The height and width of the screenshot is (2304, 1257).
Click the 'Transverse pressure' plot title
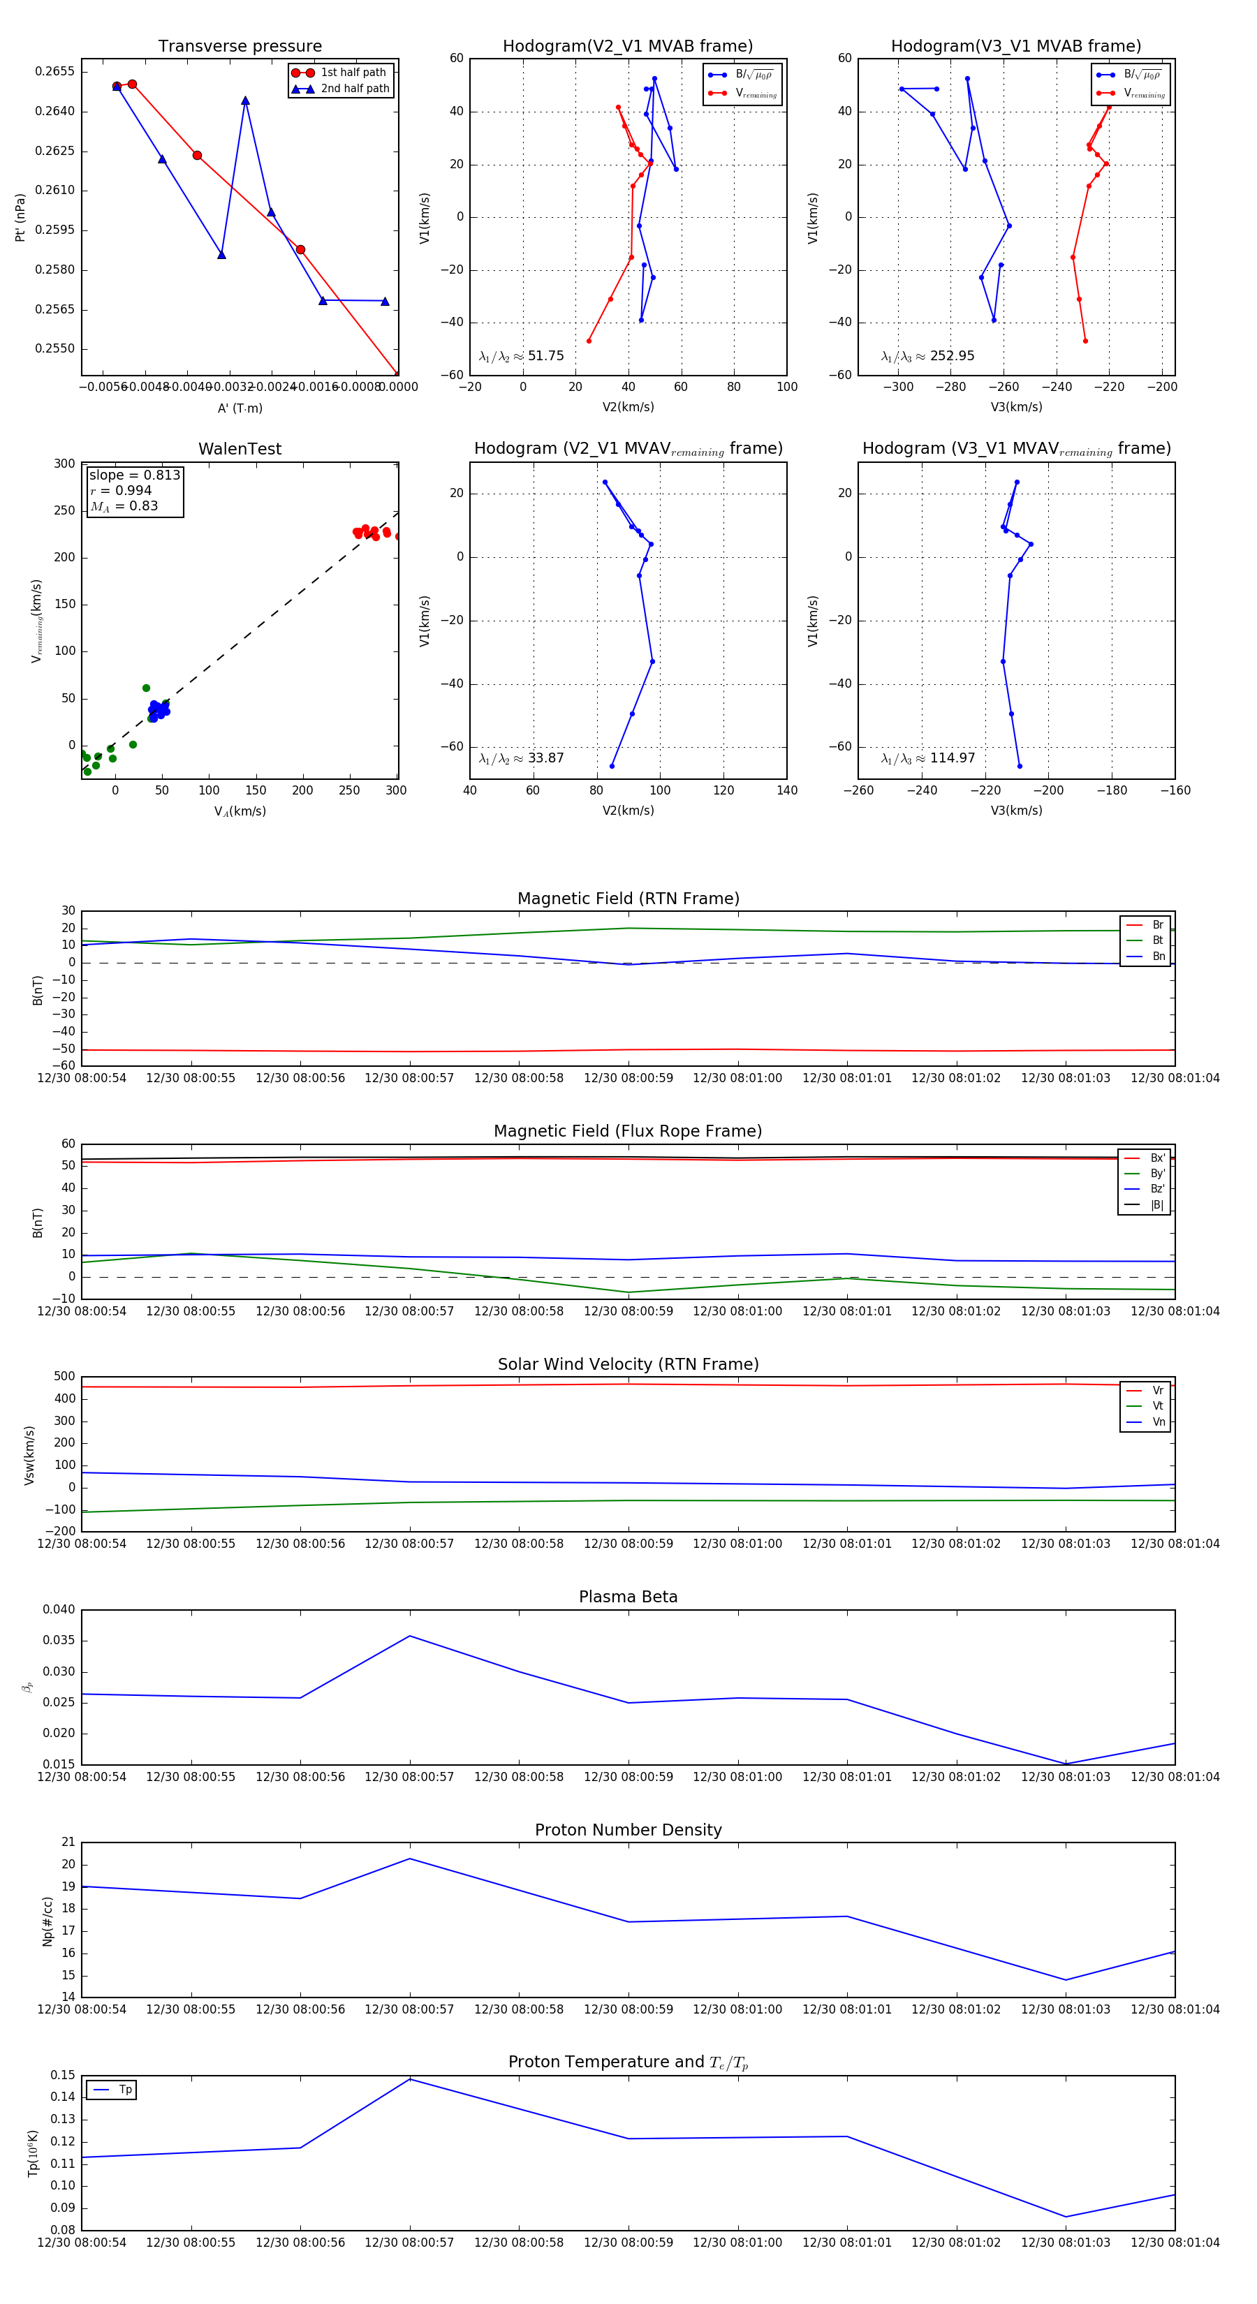pyautogui.click(x=240, y=47)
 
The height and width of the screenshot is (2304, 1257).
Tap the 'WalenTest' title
pyautogui.click(x=240, y=449)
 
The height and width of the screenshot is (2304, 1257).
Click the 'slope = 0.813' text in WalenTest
pyautogui.click(x=134, y=475)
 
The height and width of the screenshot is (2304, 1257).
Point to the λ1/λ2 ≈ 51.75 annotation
pyautogui.click(x=522, y=356)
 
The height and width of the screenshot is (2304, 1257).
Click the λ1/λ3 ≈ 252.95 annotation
pyautogui.click(x=928, y=356)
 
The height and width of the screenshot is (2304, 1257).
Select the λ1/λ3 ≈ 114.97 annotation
pyautogui.click(x=928, y=758)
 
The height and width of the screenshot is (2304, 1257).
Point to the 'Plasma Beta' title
pyautogui.click(x=628, y=1597)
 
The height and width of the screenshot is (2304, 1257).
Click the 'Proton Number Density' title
pyautogui.click(x=628, y=1830)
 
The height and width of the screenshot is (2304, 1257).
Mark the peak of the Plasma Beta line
pyautogui.click(x=410, y=1636)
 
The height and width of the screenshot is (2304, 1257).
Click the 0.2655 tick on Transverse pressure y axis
pyautogui.click(x=54, y=71)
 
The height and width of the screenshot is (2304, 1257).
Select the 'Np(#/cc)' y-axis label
pyautogui.click(x=48, y=1921)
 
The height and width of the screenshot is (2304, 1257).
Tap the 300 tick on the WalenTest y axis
pyautogui.click(x=64, y=464)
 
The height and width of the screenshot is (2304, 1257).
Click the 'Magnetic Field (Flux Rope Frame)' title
pyautogui.click(x=628, y=1132)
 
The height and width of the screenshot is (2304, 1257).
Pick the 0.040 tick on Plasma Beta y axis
pyautogui.click(x=59, y=1610)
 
